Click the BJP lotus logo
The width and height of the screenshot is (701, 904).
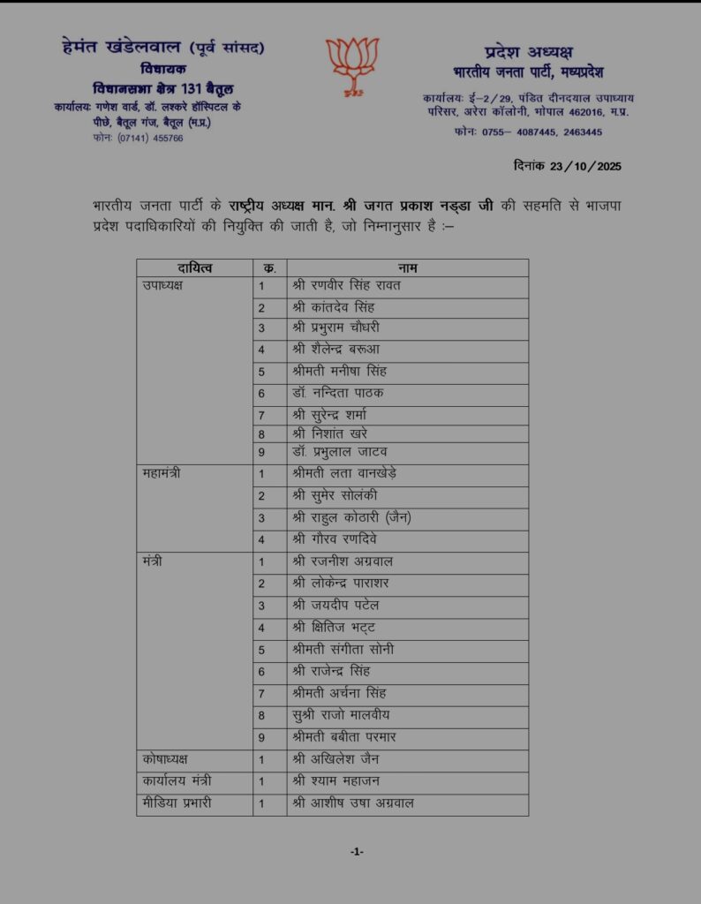351,64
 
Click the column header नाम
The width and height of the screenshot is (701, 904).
407,267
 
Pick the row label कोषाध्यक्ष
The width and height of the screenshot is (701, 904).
165,759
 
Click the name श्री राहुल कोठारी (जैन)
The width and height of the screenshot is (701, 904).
351,517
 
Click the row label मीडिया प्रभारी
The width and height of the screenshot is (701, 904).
177,803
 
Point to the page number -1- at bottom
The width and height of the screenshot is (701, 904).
357,852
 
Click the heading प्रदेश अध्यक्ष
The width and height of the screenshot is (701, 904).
528,51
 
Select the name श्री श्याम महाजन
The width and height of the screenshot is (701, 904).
337,781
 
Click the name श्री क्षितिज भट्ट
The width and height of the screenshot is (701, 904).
335,628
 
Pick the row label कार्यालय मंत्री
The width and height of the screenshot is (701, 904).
177,781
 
